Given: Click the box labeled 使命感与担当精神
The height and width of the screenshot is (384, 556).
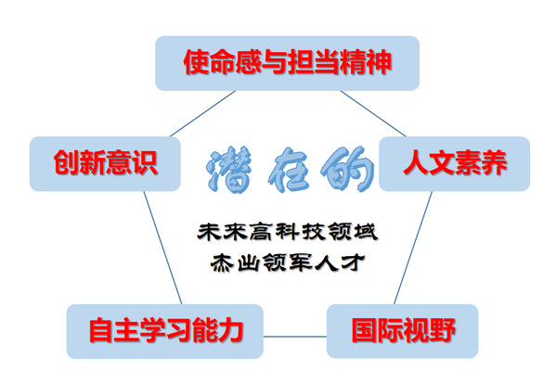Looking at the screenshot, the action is (x=287, y=63).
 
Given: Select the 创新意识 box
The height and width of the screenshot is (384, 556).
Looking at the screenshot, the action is (x=105, y=163).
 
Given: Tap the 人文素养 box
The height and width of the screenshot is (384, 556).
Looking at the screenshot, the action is (x=455, y=163).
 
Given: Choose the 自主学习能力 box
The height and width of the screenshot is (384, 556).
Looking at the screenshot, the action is (x=165, y=331).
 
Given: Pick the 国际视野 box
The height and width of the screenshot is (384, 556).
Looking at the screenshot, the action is (x=403, y=331).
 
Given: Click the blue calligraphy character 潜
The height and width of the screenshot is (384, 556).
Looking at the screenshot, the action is (x=229, y=170).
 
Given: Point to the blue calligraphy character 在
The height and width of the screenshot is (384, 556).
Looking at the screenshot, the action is (x=288, y=170).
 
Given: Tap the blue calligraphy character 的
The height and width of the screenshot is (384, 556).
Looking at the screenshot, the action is (x=348, y=169).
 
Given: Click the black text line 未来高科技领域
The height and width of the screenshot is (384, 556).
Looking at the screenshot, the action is (x=288, y=232).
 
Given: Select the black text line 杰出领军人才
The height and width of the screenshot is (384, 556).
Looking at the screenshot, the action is (x=288, y=262).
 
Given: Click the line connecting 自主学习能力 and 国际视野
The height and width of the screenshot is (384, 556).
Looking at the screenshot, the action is (x=295, y=337).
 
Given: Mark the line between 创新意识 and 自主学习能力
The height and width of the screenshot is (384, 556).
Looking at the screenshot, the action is (x=162, y=248).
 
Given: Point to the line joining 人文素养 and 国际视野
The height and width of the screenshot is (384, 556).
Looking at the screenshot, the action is (x=413, y=248).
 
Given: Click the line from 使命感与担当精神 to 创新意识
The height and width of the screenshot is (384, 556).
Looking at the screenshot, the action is (x=202, y=114).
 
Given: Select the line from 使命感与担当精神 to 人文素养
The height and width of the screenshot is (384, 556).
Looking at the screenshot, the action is (x=373, y=114).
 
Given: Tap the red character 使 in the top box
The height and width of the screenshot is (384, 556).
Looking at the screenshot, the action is (x=196, y=62).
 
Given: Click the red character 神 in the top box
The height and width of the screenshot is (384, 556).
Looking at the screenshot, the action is (x=379, y=62).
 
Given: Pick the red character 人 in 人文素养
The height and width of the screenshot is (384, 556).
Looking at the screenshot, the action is (x=416, y=162).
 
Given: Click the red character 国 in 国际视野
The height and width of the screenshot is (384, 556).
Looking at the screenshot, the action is (x=364, y=330).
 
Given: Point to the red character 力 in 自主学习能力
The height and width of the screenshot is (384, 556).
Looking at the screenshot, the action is (x=230, y=330).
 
